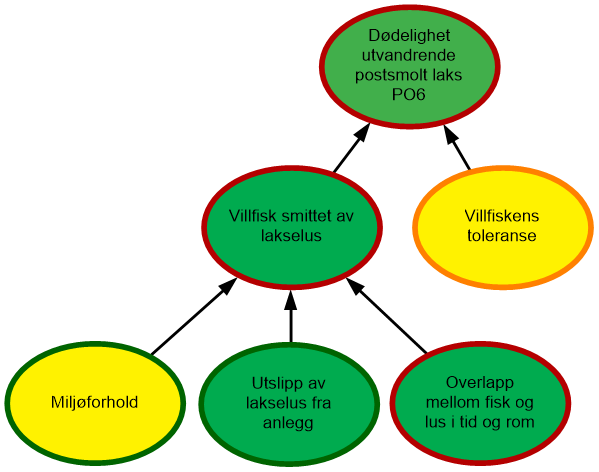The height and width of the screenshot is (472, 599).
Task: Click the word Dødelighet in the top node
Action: click(x=409, y=36)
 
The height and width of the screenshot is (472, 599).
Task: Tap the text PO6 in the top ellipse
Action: click(x=408, y=94)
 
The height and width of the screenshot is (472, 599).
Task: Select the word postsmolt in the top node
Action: click(x=390, y=75)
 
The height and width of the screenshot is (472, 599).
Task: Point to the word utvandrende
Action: click(x=408, y=55)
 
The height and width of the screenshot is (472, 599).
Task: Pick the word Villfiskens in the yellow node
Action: click(x=502, y=216)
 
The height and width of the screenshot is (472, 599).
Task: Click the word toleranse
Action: click(x=502, y=235)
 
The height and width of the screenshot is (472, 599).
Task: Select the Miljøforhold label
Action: click(x=94, y=402)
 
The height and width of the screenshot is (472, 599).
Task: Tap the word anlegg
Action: click(x=288, y=423)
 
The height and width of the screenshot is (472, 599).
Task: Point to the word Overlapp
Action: click(x=479, y=383)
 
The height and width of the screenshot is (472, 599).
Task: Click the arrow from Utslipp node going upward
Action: click(x=291, y=316)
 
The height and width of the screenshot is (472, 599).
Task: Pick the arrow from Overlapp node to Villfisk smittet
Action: click(x=386, y=315)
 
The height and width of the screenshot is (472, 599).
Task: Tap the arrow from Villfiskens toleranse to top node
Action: click(x=456, y=146)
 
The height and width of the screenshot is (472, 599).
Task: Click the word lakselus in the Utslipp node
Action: click(x=273, y=403)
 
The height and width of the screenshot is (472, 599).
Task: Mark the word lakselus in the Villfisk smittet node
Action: click(x=291, y=235)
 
